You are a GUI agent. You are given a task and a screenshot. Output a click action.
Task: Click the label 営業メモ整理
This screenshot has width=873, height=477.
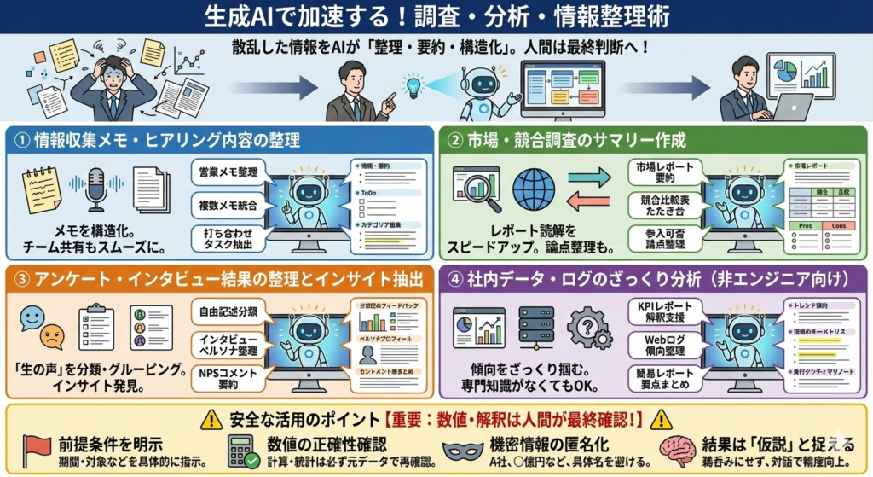click(226, 172)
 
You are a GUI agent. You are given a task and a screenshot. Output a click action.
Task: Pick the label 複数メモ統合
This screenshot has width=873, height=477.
click(226, 206)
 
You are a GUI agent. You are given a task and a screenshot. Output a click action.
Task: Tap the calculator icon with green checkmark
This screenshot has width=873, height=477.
click(244, 450)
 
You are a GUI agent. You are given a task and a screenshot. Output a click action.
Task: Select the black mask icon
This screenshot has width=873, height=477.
click(464, 450)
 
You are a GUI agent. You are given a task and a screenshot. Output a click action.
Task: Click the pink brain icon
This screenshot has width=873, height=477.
click(679, 450)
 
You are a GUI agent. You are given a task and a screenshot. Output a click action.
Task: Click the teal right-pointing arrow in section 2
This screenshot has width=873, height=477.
click(589, 177)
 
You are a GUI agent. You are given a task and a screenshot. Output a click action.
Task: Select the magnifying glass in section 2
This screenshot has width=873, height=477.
click(478, 189)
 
